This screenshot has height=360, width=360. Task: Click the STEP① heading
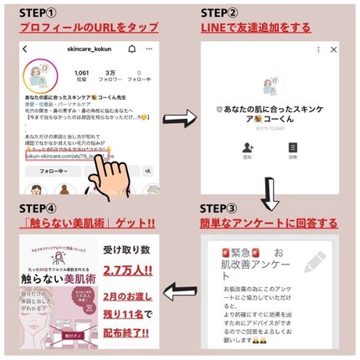click(x=44, y=13)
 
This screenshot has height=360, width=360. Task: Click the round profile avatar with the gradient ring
click(x=37, y=75)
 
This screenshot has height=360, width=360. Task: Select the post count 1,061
click(x=81, y=73)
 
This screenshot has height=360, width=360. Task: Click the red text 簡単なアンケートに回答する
click(x=269, y=223)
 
